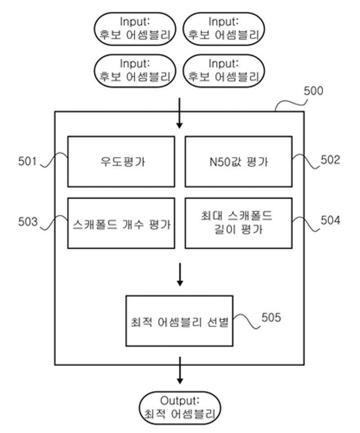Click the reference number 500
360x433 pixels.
(313, 91)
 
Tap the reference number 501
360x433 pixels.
(27, 161)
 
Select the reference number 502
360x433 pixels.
(330, 160)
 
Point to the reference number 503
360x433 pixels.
(27, 222)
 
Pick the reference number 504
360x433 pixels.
(330, 220)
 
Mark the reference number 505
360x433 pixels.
(271, 317)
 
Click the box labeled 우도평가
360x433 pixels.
(121, 161)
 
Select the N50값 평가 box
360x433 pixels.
(238, 161)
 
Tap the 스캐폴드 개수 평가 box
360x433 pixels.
(121, 223)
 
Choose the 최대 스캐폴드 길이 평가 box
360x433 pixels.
(238, 223)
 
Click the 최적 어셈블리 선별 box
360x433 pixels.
(180, 321)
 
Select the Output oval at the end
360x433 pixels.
(180, 408)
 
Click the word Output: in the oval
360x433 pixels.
(180, 401)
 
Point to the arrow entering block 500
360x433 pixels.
(180, 113)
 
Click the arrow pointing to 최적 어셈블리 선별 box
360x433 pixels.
(180, 274)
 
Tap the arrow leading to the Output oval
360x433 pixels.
(180, 371)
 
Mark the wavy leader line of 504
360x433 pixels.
(306, 223)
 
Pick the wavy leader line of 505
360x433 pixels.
(247, 321)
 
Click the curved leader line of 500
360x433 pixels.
(290, 104)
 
